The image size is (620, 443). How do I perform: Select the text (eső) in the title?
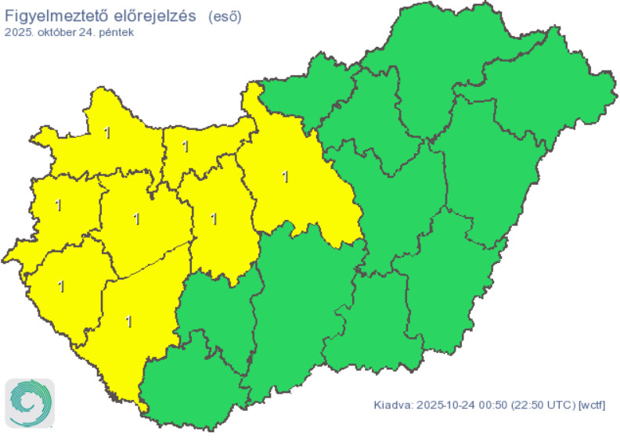(225, 15)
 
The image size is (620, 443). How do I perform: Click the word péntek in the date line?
(117, 33)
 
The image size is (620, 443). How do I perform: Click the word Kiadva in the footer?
(391, 405)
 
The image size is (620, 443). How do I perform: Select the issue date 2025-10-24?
(445, 405)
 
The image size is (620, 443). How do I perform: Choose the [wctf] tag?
(591, 405)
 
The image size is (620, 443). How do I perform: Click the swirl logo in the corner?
(30, 403)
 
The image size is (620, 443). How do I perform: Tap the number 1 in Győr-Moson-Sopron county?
(106, 133)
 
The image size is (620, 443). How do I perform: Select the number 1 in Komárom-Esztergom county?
(186, 146)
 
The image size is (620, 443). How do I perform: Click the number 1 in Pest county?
(285, 177)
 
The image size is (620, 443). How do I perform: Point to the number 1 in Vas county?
(58, 205)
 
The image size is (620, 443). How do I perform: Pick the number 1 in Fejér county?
(213, 218)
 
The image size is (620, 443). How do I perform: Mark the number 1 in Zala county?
(61, 286)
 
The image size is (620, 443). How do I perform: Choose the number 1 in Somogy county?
(128, 320)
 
